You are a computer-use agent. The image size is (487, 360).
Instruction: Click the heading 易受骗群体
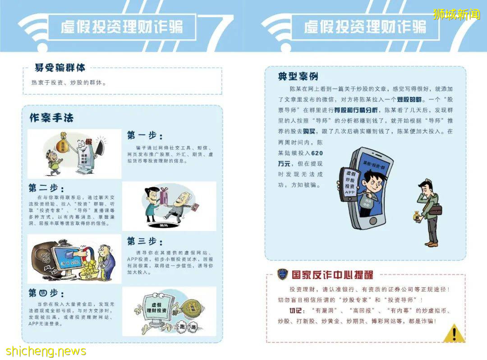[x=60, y=68]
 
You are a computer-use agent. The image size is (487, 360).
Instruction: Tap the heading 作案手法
[x=51, y=118]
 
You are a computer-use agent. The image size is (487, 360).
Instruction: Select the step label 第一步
[x=145, y=135]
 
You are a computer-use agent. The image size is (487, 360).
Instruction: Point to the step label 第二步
[x=46, y=188]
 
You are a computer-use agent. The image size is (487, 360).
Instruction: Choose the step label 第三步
[x=145, y=241]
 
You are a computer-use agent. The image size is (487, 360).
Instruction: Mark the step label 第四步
[x=46, y=293]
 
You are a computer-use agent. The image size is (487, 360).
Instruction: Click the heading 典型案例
[x=298, y=76]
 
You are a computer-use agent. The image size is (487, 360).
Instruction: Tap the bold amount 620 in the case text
[x=317, y=153]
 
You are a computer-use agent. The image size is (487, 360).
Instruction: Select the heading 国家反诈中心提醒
[x=333, y=274]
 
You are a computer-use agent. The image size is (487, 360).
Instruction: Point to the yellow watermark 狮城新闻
[x=456, y=14]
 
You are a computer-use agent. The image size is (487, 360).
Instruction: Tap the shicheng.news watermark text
[x=46, y=351]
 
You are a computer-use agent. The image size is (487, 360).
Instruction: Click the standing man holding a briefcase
[x=426, y=212]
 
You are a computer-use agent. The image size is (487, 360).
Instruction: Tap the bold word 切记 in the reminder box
[x=298, y=311]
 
